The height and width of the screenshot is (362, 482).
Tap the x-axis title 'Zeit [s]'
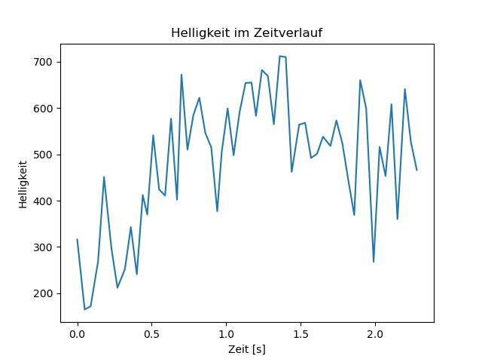(246, 349)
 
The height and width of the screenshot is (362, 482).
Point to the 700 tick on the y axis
(46, 62)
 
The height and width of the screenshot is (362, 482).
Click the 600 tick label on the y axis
(46, 108)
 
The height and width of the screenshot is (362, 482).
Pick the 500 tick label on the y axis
(46, 155)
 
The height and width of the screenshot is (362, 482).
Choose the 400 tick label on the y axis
(46, 201)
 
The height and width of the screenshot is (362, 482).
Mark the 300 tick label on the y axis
(46, 247)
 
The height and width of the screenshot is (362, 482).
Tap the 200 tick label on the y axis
(46, 293)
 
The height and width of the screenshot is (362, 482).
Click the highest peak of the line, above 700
(280, 56)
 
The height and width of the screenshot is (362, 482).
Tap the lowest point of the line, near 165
(84, 309)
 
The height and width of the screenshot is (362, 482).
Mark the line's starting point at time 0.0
(77, 240)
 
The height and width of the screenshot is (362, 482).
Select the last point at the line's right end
(416, 170)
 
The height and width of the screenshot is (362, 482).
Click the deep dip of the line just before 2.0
(374, 262)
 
